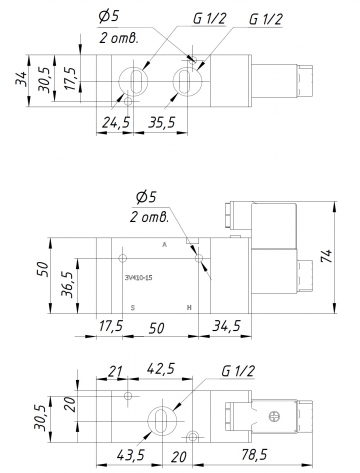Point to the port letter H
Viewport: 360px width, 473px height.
(x=190, y=308)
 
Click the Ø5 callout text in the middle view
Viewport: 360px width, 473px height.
(x=146, y=196)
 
